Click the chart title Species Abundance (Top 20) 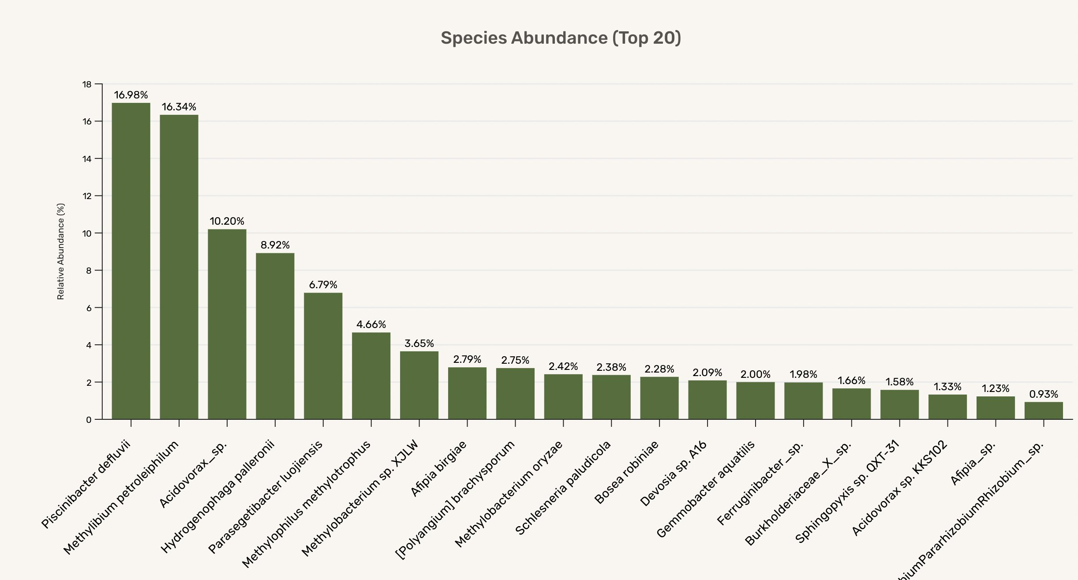coord(561,38)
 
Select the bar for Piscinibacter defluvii coord(131,260)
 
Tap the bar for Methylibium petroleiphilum coord(179,267)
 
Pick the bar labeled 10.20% coord(227,324)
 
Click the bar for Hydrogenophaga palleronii coord(275,336)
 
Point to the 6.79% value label coord(323,285)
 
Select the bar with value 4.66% coord(371,376)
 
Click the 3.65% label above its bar coord(419,343)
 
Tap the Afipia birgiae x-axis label coord(438,469)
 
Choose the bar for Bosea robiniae coord(659,398)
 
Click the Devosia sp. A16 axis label coord(674,473)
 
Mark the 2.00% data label coord(756,374)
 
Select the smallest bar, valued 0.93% coord(1044,411)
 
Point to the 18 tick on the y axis coord(87,84)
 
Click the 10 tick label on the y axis coord(87,234)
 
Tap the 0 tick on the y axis coord(89,420)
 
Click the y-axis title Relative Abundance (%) coord(61,252)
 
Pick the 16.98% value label coord(131,95)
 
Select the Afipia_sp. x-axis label coord(973,463)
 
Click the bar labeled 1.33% coord(947,407)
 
